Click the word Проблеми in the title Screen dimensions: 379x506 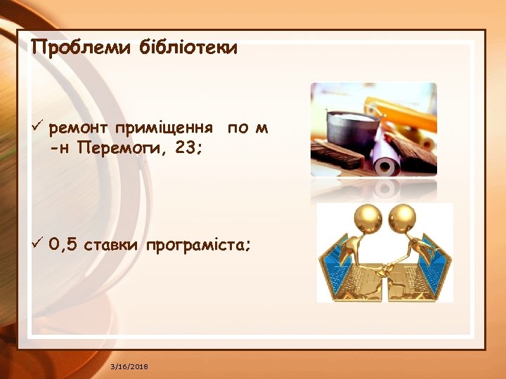tap(71, 48)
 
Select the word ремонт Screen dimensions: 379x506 tap(78, 129)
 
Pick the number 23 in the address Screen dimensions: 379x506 tap(186, 149)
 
